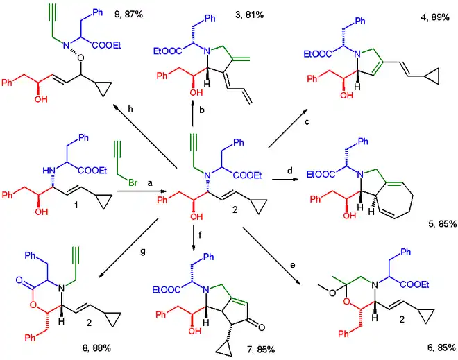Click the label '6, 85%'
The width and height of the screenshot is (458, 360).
click(x=437, y=346)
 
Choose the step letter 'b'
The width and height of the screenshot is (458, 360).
click(x=201, y=110)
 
